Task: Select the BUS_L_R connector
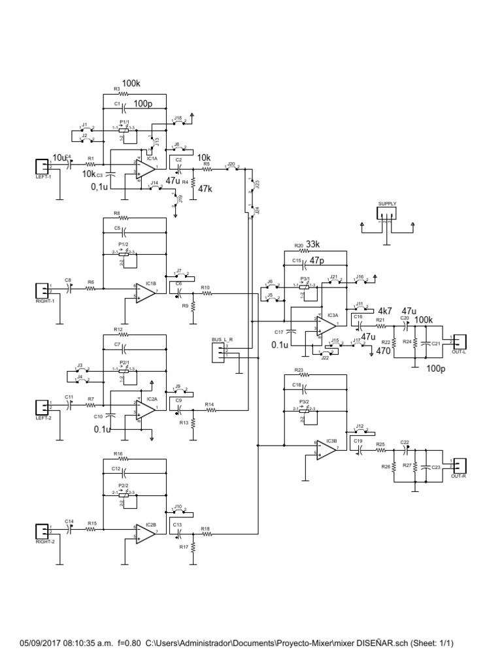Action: point(218,352)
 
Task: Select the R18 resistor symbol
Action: point(207,534)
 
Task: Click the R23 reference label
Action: point(299,370)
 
